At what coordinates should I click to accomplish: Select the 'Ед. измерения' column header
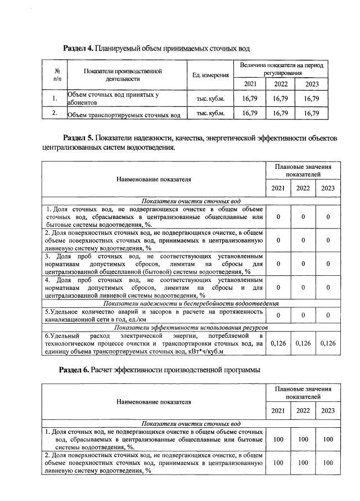point(210,75)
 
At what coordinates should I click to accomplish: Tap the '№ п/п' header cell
point(57,75)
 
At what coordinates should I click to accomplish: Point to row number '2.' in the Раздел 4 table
point(55,113)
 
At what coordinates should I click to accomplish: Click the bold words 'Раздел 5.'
point(78,138)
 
